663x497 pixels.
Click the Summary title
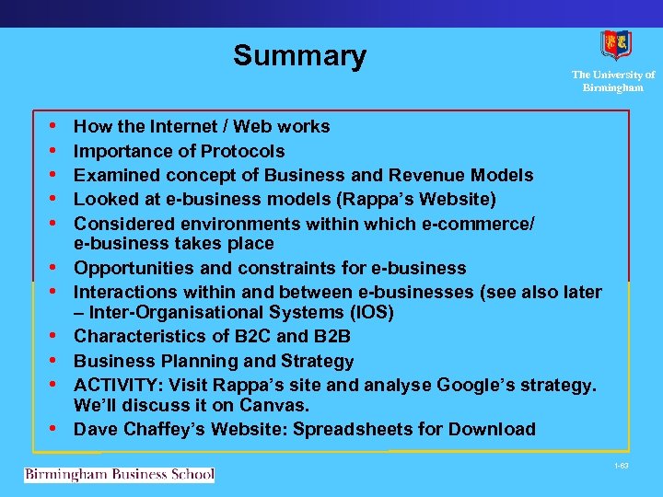pyautogui.click(x=299, y=56)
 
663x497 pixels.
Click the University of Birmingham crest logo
pyautogui.click(x=615, y=45)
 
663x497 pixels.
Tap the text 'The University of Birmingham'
pyautogui.click(x=612, y=81)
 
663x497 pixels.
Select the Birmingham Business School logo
pyautogui.click(x=120, y=475)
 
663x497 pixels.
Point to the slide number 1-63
pyautogui.click(x=621, y=467)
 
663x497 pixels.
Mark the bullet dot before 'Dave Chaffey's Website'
pyautogui.click(x=56, y=429)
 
